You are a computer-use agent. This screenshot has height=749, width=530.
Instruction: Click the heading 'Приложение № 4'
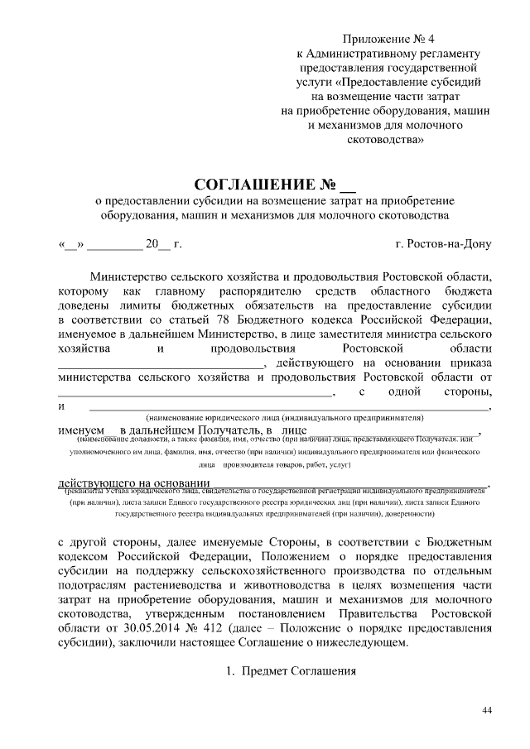coord(388,40)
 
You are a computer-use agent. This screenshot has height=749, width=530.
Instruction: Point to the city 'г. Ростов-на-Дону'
coord(444,244)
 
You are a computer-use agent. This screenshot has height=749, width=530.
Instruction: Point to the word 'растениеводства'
coord(178,580)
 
